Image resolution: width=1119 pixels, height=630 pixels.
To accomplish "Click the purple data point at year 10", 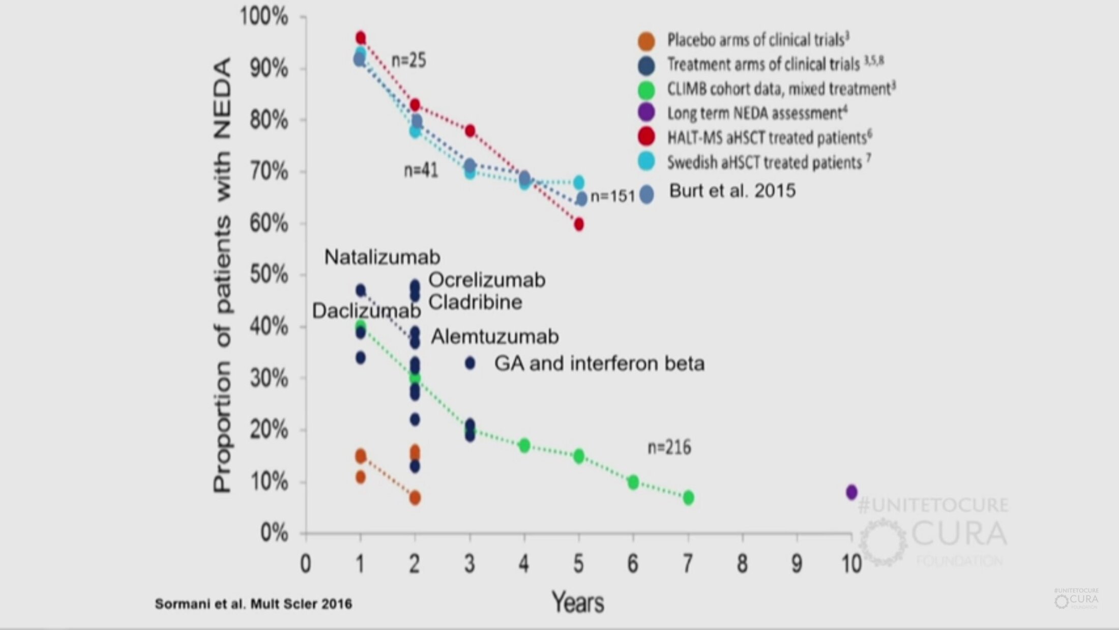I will (851, 492).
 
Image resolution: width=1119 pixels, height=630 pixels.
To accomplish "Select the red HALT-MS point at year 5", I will (579, 224).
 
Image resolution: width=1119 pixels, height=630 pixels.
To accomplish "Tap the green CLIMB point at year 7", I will (688, 498).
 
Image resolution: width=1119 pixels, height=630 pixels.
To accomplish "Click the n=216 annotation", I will (669, 447).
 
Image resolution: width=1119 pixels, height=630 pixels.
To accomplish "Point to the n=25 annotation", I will (408, 61).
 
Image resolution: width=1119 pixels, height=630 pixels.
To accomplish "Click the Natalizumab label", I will (382, 257).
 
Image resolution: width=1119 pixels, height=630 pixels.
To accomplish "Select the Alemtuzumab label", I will (494, 336).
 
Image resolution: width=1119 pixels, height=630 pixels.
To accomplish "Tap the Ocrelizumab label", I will (487, 280).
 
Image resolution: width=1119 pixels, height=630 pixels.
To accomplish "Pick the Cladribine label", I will (475, 302).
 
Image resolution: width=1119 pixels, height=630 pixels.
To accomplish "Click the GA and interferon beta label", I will (599, 363).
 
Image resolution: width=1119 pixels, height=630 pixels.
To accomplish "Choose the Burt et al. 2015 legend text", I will (732, 191).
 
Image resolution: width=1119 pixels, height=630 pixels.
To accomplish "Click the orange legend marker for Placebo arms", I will (646, 41).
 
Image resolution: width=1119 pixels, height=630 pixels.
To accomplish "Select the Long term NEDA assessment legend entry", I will (757, 113).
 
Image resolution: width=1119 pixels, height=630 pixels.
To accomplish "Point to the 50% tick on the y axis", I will (270, 275).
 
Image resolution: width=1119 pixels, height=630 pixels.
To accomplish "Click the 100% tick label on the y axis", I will (264, 17).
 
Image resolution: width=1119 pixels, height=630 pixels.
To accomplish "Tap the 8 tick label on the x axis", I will (742, 563).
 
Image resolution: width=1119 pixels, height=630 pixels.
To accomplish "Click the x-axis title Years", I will (578, 603).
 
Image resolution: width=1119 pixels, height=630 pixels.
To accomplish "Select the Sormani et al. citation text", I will (253, 604).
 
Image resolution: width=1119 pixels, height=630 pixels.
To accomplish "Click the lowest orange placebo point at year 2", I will (415, 498).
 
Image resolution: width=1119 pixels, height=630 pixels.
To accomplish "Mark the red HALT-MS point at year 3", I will (470, 131).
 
